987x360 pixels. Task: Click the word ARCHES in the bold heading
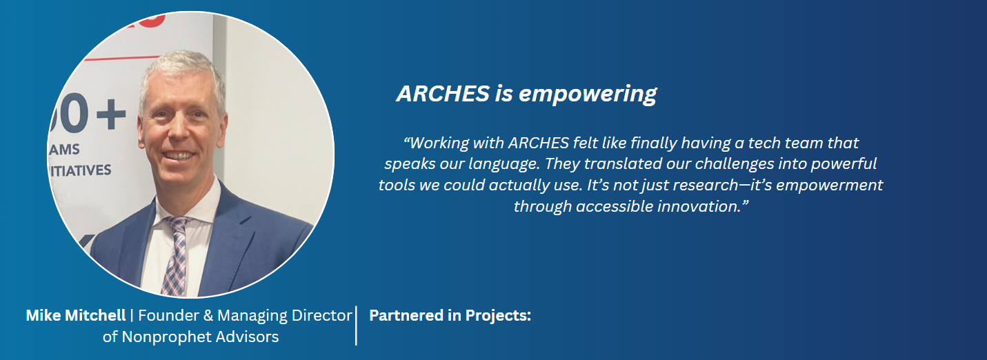click(443, 93)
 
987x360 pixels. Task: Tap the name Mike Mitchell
click(76, 315)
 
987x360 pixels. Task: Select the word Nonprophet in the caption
click(166, 337)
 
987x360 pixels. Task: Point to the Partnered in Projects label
click(450, 315)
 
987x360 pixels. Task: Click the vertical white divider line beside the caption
click(356, 326)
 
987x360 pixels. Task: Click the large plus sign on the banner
click(111, 114)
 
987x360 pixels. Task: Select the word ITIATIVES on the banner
click(80, 170)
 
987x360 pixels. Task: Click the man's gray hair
click(181, 70)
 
